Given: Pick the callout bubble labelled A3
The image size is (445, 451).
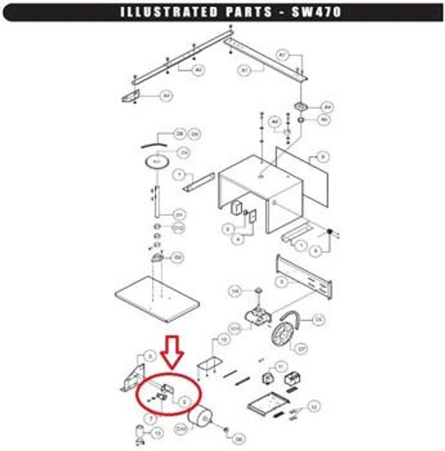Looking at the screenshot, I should coord(166,94).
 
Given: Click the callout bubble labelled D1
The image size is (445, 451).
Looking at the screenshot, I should coord(179,215).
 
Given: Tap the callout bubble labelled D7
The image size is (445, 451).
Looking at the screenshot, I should coord(301,348).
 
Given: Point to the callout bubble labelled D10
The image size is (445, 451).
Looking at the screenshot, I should coord(182,429).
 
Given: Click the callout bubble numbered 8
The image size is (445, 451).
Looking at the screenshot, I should coord(323,157).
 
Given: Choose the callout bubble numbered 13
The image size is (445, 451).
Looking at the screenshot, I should coord(158,432).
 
